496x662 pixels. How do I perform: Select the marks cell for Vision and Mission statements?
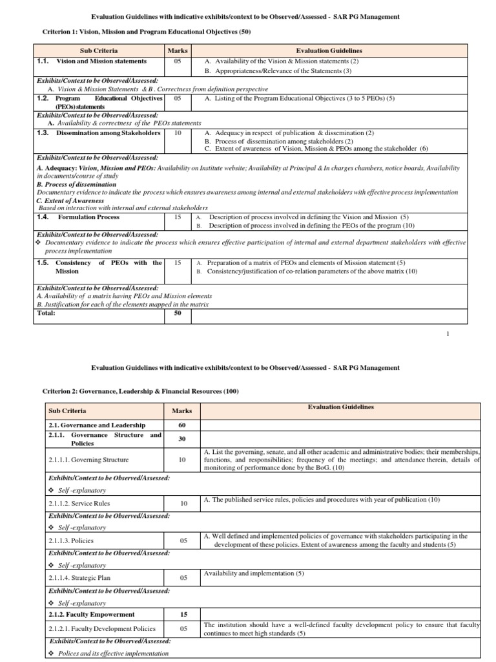[178, 61]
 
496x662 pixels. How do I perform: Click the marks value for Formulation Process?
[178, 217]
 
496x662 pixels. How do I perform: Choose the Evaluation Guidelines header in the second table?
[340, 407]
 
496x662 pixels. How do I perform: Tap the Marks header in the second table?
[181, 411]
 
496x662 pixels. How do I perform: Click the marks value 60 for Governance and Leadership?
[181, 425]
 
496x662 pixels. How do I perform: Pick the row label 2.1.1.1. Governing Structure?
[89, 460]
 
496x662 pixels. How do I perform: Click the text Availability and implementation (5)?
[253, 573]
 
